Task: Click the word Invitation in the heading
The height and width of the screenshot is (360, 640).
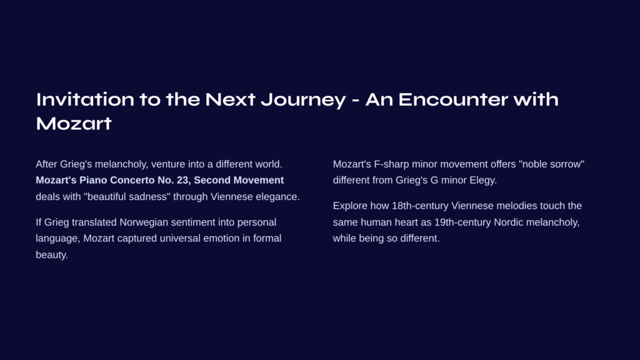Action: (x=85, y=99)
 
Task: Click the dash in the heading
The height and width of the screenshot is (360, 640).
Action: (x=356, y=100)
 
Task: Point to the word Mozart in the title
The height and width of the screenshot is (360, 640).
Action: (x=74, y=123)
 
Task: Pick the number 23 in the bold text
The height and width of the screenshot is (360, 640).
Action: (x=183, y=180)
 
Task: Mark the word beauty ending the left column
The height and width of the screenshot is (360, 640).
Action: (x=52, y=255)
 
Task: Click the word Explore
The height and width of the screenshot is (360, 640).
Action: (x=350, y=206)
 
